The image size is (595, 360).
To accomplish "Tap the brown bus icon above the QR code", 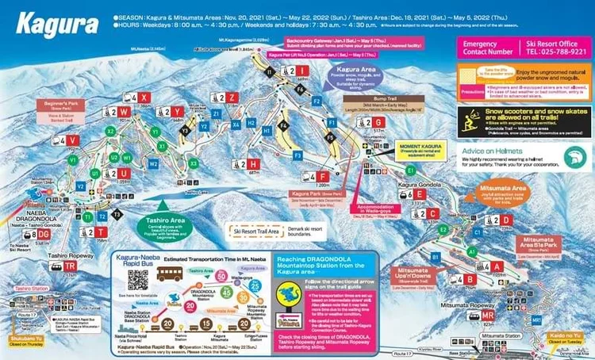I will [x=173, y=274].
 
